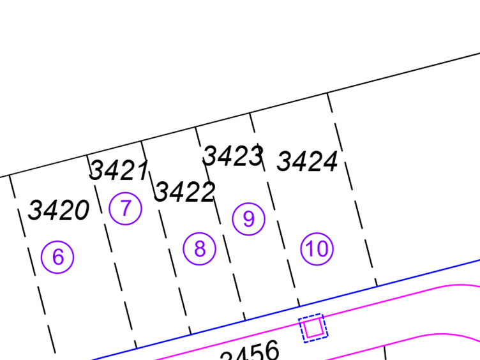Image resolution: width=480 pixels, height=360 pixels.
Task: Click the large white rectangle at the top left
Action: pos(128,54)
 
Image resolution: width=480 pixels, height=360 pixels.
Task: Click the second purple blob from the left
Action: pos(64,262)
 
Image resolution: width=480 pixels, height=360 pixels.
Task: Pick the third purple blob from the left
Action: pos(128,214)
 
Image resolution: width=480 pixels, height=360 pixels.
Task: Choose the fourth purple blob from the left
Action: pos(199,252)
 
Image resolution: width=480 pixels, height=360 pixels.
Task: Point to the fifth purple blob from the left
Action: pos(249,220)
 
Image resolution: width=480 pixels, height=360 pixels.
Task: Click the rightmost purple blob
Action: pos(322,243)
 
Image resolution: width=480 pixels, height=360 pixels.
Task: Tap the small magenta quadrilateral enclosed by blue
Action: pos(313,327)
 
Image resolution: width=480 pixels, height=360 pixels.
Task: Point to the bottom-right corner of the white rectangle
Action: pos(260,108)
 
